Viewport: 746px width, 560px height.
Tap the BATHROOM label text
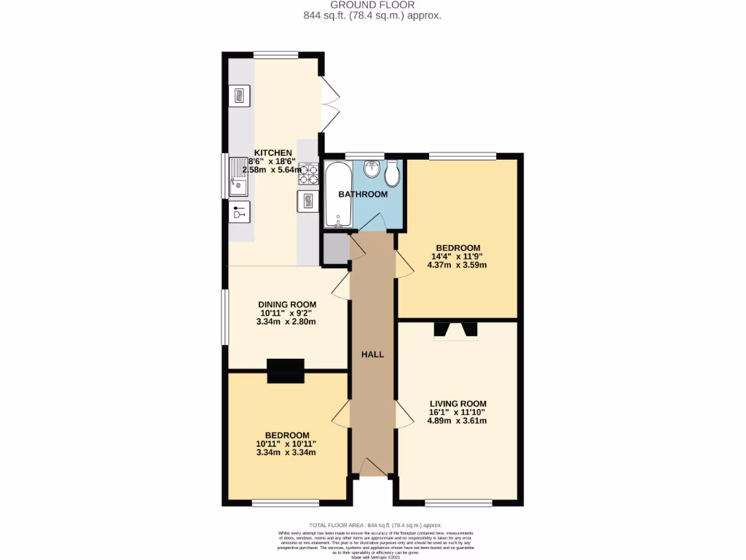point(362,194)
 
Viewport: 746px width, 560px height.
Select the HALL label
point(373,354)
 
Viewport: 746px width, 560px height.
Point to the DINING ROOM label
point(287,305)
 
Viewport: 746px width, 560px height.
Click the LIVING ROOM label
point(458,403)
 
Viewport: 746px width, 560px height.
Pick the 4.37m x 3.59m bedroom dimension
point(457,265)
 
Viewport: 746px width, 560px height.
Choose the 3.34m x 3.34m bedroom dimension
point(286,452)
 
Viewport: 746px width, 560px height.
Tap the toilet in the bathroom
point(392,174)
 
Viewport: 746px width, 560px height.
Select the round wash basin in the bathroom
point(372,169)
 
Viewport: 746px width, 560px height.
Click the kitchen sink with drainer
point(238,178)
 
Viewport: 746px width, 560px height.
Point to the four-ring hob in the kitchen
point(308,174)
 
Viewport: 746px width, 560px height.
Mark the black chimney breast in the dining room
point(286,371)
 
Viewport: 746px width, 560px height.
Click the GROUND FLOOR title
point(372,5)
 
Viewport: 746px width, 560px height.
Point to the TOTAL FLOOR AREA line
point(375,525)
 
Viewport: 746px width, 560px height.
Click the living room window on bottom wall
point(458,502)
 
